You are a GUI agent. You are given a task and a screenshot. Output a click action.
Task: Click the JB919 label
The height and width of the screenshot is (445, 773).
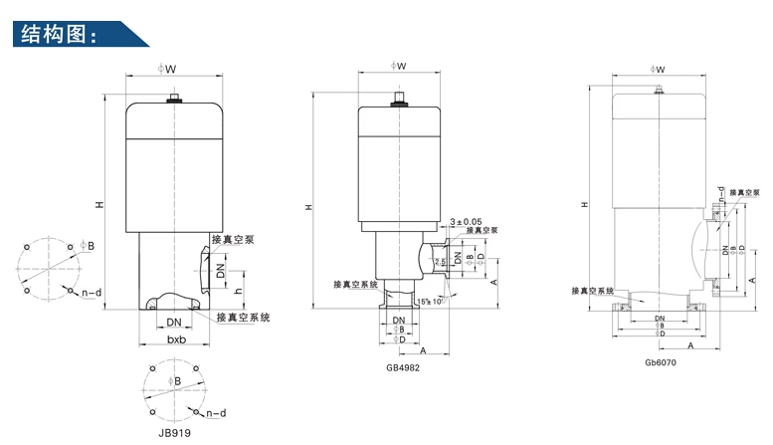click(174, 433)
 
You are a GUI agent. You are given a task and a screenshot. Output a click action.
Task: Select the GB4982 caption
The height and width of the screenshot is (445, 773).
click(404, 366)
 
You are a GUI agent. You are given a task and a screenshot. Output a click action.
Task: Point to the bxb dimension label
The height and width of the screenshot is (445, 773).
click(176, 339)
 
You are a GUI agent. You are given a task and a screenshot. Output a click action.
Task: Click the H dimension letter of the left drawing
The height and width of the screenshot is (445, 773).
click(98, 205)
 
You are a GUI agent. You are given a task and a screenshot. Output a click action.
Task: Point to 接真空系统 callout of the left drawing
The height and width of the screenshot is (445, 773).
click(245, 317)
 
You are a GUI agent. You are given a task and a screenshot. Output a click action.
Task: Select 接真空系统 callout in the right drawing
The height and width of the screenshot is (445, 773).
click(593, 291)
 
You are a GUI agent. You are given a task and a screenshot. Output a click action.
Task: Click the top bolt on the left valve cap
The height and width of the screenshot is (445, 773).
click(175, 98)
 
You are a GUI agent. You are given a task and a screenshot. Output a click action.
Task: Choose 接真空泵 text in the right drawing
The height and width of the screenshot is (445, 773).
click(745, 192)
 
